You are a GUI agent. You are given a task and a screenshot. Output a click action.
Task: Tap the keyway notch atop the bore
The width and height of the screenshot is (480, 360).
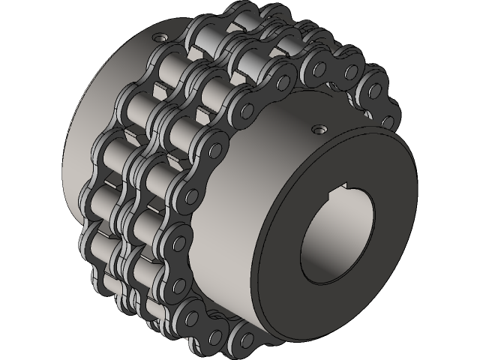[347, 184]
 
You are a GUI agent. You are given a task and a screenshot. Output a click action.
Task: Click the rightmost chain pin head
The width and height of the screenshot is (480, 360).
[388, 120]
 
